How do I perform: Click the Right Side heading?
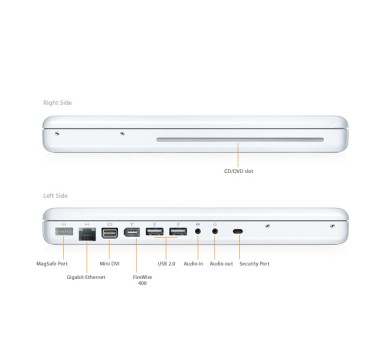[56, 103]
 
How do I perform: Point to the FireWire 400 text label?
[140, 280]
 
